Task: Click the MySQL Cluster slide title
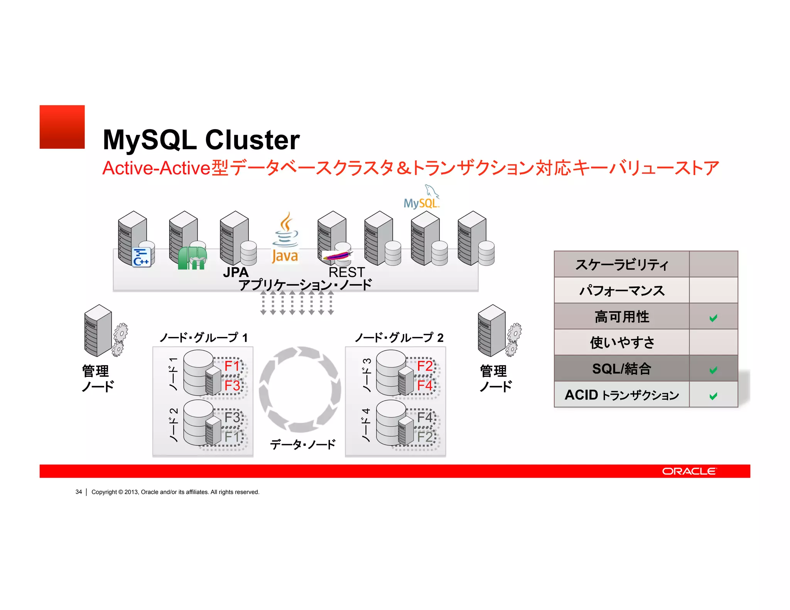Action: [x=201, y=140]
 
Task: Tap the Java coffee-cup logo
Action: [x=285, y=237]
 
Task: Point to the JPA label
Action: [x=236, y=272]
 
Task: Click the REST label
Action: [x=346, y=272]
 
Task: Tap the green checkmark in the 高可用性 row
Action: [x=713, y=318]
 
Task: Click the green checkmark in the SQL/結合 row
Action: [x=713, y=370]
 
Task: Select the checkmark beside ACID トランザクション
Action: [x=713, y=396]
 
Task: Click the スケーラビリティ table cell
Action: [x=621, y=265]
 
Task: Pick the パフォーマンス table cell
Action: [x=621, y=290]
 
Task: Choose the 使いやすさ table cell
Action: [x=621, y=342]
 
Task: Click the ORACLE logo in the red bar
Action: [x=689, y=471]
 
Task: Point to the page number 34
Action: [x=79, y=492]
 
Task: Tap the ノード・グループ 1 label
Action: [x=203, y=338]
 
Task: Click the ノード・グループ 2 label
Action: [x=399, y=338]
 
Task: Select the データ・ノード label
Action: [x=303, y=445]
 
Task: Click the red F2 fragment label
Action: [x=425, y=366]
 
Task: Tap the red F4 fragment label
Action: [x=425, y=385]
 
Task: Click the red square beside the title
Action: [x=62, y=127]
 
